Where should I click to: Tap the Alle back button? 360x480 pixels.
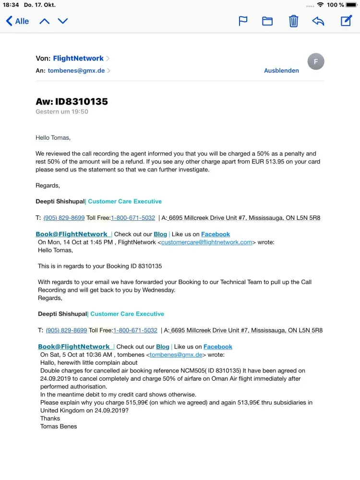pos(17,21)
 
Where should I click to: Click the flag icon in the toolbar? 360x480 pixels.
pos(243,21)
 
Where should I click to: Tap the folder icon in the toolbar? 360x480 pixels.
pos(267,21)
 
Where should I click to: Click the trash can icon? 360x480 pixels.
pos(293,21)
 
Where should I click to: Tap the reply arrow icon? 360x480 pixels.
pos(318,21)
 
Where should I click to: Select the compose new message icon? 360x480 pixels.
pos(346,21)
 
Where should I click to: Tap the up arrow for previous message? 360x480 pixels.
pos(45,21)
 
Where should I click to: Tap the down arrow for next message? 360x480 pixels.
pos(63,21)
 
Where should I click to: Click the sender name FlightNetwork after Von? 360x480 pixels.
pos(78,58)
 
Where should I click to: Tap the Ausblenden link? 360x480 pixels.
pos(281,71)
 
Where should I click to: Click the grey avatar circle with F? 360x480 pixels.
pos(315,61)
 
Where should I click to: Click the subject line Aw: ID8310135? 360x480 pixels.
pos(72,101)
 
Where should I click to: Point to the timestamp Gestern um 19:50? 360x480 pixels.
pos(62,111)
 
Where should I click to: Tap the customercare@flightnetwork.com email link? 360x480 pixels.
pos(207,242)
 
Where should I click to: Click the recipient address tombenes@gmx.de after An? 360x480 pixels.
pos(76,71)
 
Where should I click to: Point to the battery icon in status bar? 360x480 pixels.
pos(351,5)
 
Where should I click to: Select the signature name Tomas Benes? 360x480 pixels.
pos(59,426)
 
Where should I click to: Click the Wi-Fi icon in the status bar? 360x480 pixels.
pos(320,5)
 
